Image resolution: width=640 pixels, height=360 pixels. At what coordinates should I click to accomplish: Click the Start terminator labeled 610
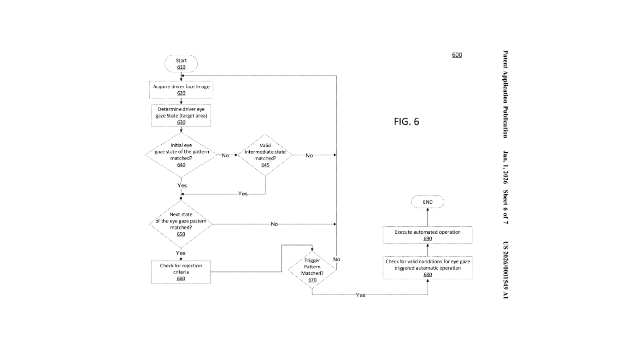[181, 64]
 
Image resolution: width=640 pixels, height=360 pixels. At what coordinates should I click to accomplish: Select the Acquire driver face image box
[182, 89]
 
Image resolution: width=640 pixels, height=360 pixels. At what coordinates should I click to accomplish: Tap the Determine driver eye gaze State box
[181, 116]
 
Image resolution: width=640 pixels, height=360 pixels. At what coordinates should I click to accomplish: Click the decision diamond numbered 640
[181, 155]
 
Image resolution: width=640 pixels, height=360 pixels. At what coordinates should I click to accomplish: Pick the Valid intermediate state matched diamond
[265, 155]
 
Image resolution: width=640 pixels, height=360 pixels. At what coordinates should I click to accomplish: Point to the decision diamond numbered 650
[181, 224]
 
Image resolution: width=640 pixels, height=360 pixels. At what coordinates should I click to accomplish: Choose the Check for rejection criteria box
[181, 272]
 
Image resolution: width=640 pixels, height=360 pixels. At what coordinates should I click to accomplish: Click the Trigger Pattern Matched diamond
[312, 270]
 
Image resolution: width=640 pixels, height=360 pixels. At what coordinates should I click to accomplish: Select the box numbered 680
[428, 268]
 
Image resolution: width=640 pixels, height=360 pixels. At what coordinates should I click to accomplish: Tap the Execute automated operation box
[428, 235]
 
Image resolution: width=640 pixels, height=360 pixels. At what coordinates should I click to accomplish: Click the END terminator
[428, 202]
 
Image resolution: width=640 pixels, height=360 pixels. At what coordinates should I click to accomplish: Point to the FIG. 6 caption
[406, 122]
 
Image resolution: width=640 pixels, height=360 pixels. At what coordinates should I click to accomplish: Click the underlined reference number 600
[457, 55]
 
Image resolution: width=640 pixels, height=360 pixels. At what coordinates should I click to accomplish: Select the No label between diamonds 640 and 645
[225, 155]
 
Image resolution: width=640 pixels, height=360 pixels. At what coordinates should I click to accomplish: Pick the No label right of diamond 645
[309, 155]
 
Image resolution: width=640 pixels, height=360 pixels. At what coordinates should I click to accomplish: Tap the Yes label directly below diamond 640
[182, 185]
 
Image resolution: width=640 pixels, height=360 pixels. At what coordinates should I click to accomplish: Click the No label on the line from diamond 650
[274, 224]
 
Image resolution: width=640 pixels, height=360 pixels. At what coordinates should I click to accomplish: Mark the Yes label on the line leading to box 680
[360, 295]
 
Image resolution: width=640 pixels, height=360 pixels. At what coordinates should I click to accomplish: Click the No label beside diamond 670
[337, 260]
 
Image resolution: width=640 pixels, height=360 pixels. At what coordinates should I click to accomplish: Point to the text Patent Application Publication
[505, 94]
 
